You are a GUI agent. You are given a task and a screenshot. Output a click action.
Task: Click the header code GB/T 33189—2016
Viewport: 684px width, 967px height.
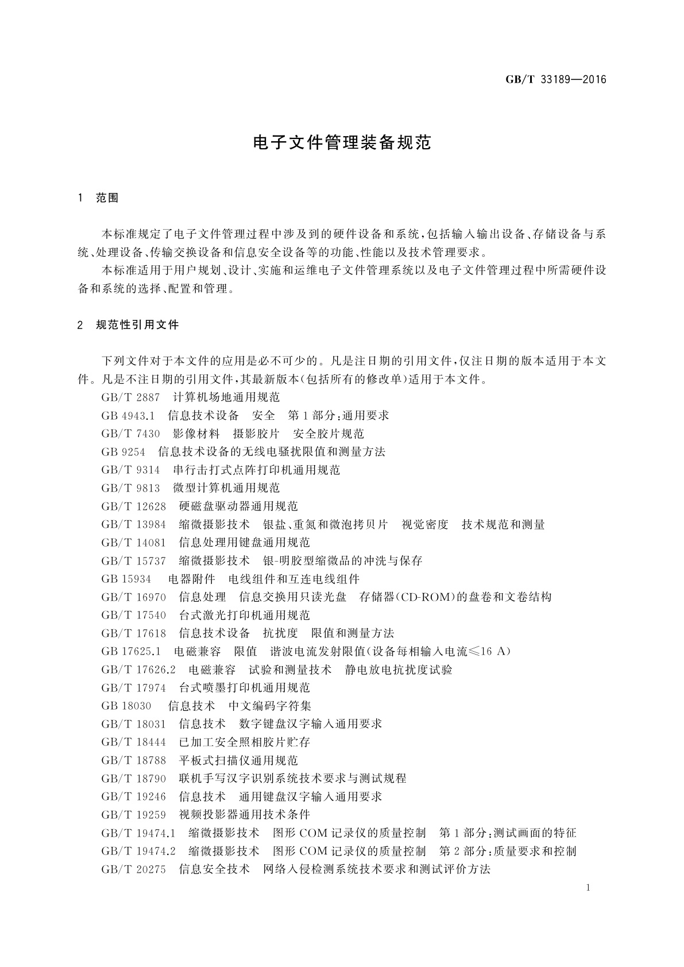coord(556,80)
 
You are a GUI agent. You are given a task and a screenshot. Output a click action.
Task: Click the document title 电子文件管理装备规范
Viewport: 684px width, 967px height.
coord(342,142)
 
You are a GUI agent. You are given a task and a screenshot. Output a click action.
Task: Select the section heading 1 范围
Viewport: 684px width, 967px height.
coord(98,198)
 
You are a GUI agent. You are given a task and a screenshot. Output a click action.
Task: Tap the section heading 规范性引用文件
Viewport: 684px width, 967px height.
coord(138,325)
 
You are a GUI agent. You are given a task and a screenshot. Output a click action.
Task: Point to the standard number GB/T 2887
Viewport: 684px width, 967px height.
coord(130,397)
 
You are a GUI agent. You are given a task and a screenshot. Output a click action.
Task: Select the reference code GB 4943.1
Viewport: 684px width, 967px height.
coord(128,415)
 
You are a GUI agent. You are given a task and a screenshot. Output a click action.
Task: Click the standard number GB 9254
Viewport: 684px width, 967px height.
coord(123,452)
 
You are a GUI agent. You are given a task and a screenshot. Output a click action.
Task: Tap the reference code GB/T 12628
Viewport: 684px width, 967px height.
coord(133,506)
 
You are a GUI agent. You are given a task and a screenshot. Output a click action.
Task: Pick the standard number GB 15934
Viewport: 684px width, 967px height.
coord(126,579)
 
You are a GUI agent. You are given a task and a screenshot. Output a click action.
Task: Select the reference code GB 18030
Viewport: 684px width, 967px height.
coord(126,706)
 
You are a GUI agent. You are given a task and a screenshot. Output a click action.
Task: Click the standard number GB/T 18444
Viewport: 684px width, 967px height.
coord(133,742)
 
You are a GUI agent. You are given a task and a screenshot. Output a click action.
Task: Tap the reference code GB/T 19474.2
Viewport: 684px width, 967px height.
coord(138,851)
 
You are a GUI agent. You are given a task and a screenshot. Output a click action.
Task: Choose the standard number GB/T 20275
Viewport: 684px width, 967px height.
coord(133,869)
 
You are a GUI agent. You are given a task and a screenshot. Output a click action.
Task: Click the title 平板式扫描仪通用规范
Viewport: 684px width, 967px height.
coord(238,760)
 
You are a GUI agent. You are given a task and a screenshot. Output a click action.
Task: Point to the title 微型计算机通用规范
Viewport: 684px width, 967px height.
coord(226,488)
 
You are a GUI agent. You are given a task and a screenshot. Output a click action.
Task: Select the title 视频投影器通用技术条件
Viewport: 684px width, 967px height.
coord(244,815)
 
